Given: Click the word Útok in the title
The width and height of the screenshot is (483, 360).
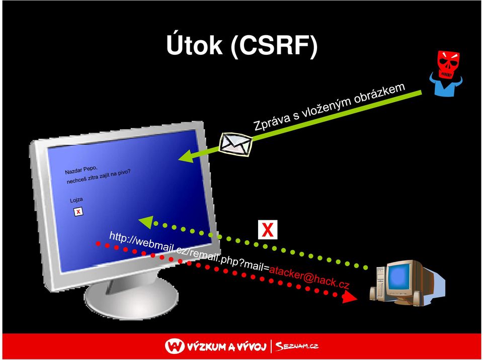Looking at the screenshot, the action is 194,45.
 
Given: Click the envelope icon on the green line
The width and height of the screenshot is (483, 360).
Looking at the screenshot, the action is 236,144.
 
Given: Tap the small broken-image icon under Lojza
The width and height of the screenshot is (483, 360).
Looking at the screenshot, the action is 78,212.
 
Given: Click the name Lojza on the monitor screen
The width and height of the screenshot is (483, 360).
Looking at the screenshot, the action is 76,200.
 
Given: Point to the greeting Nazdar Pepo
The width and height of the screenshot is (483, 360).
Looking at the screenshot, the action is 82,170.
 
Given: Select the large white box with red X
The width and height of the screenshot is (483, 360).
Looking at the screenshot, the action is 268,230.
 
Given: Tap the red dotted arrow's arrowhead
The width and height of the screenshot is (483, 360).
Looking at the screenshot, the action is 350,296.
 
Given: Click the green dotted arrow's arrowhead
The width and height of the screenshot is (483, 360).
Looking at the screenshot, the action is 146,221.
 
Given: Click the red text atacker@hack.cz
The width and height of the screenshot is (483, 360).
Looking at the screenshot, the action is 309,277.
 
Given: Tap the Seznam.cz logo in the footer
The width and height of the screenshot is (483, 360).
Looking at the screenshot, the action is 297,346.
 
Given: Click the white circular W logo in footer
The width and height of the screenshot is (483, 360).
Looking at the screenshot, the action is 175,346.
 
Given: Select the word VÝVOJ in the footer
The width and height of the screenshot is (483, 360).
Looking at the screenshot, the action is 251,347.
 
